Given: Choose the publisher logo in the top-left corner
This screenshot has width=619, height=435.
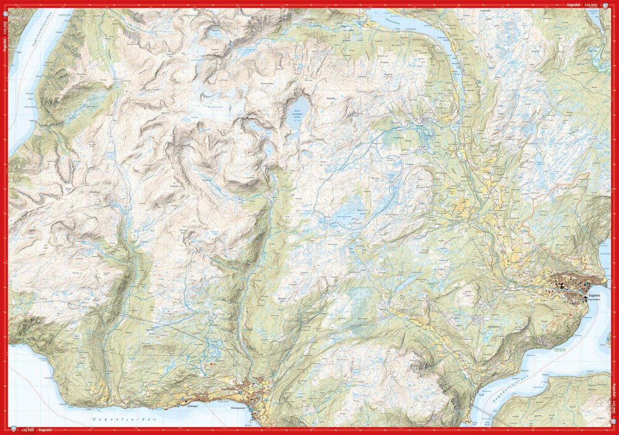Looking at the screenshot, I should tap(5, 5).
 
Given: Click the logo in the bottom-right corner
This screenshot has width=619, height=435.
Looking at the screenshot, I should tap(613, 429).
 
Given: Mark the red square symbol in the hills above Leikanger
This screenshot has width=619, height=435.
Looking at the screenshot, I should tap(211, 365).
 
